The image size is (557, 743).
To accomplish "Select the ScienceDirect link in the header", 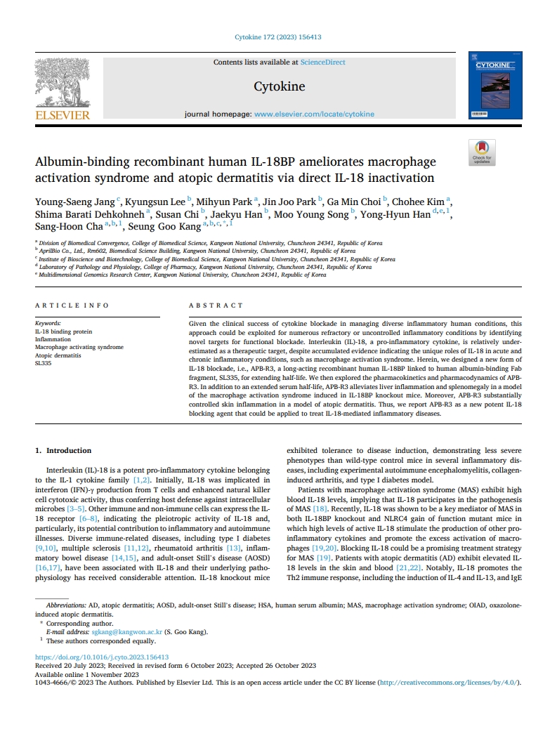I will pyautogui.click(x=322, y=62).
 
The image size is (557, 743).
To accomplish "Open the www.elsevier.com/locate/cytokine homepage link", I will pyautogui.click(x=314, y=114).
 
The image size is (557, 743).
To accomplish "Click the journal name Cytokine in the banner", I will pyautogui.click(x=279, y=87).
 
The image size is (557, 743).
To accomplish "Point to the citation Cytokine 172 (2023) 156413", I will pyautogui.click(x=278, y=37).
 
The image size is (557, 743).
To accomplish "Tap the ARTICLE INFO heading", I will pyautogui.click(x=72, y=305).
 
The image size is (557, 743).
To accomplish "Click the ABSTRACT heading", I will pyautogui.click(x=216, y=305).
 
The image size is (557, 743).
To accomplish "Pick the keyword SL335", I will pyautogui.click(x=44, y=364).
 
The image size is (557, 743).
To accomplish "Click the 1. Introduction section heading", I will pyautogui.click(x=63, y=450).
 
